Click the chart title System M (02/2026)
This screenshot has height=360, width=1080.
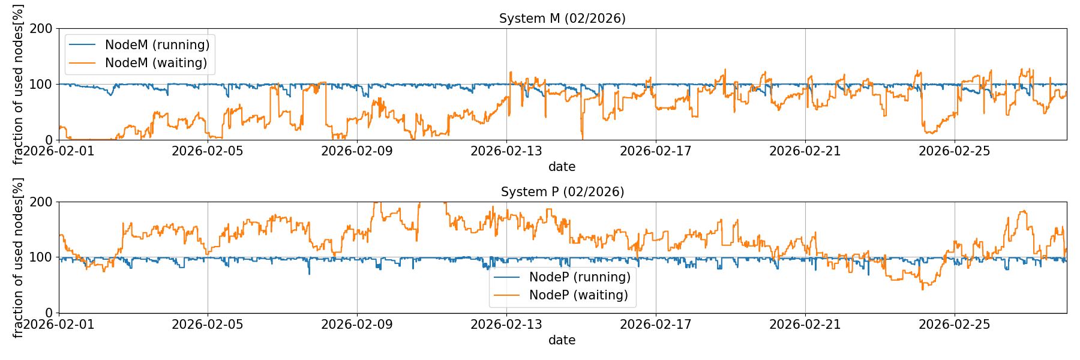click(x=562, y=19)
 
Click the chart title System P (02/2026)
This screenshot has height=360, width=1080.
click(x=562, y=192)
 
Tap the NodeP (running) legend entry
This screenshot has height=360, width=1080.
click(x=580, y=277)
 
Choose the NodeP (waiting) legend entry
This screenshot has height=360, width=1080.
click(x=578, y=295)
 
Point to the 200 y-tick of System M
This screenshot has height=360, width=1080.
click(x=42, y=29)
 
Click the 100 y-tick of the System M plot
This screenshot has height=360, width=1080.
click(x=42, y=85)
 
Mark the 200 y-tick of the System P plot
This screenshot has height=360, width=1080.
click(x=42, y=202)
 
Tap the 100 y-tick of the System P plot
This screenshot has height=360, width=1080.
click(x=42, y=257)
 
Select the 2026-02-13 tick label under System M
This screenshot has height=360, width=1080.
click(x=506, y=151)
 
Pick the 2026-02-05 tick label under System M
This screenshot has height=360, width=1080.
click(x=208, y=151)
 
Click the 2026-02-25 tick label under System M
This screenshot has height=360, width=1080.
click(x=955, y=151)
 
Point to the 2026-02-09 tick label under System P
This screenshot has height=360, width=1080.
click(x=357, y=325)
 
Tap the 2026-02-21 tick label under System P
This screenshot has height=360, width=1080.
click(x=805, y=325)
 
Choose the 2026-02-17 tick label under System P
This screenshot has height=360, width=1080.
click(x=656, y=325)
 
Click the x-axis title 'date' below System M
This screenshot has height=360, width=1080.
click(x=562, y=167)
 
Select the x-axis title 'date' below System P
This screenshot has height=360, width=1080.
click(x=562, y=340)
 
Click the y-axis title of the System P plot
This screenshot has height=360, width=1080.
click(x=18, y=257)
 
